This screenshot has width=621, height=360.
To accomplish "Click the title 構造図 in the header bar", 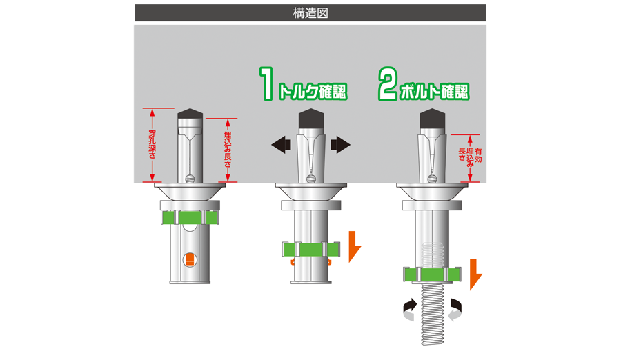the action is tap(310, 13).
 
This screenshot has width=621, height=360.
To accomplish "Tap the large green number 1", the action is tap(268, 83).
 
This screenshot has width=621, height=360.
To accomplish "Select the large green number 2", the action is tap(387, 83).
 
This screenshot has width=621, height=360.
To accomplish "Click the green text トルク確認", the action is tap(313, 92).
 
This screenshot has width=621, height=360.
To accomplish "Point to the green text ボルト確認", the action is tap(434, 92).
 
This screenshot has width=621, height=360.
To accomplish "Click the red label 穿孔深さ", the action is tap(152, 145).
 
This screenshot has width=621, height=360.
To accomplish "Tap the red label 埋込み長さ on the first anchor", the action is tap(227, 149).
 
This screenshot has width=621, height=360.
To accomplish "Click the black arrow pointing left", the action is tap(282, 145).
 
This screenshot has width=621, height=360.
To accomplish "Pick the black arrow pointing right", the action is tap(341, 145).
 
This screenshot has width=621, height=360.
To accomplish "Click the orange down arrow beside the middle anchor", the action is tap(354, 246).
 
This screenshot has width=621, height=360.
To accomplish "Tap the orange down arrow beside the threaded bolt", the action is tap(475, 274).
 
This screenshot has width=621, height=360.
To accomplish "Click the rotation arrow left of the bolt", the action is tap(410, 309).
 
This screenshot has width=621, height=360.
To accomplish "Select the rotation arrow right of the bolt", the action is tap(455, 309).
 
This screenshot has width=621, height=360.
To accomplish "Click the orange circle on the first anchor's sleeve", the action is tap(190, 260).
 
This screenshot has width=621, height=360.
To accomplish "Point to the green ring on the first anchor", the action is tap(190, 217).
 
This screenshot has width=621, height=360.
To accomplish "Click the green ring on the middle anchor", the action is tap(311, 250).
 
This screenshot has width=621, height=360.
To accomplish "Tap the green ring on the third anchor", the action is tap(433, 274).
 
